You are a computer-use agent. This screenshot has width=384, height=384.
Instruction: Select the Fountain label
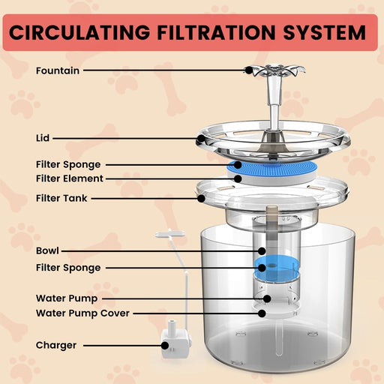pyautogui.click(x=57, y=70)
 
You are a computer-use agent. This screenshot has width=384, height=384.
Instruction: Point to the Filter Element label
pyautogui.click(x=69, y=178)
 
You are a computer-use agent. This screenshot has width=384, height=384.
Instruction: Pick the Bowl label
pyautogui.click(x=47, y=250)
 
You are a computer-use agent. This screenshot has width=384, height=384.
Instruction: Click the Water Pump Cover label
pyautogui.click(x=82, y=313)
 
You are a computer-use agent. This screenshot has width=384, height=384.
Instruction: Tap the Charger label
pyautogui.click(x=55, y=346)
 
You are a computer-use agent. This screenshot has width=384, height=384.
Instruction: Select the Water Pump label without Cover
pyautogui.click(x=66, y=298)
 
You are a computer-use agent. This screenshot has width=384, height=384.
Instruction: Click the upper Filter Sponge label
pyautogui.click(x=67, y=164)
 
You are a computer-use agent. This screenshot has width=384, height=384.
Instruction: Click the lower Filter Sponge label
pyautogui.click(x=67, y=267)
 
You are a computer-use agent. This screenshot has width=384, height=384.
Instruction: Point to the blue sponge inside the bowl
pyautogui.click(x=271, y=268)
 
